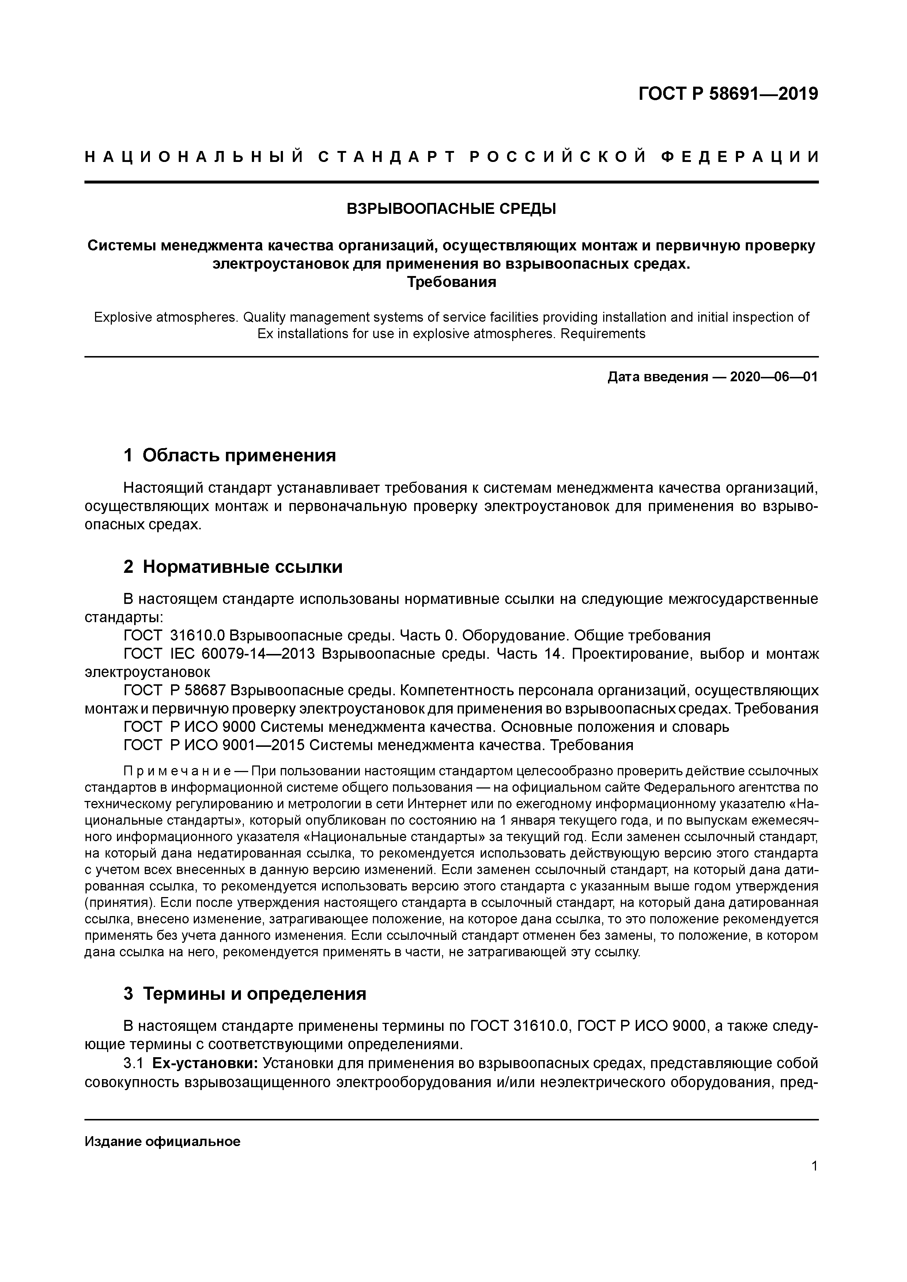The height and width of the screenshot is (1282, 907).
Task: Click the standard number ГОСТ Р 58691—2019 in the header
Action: click(x=728, y=94)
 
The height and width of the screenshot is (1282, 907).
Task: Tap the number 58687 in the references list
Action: click(x=202, y=691)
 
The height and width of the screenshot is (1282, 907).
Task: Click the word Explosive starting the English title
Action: click(x=119, y=318)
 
